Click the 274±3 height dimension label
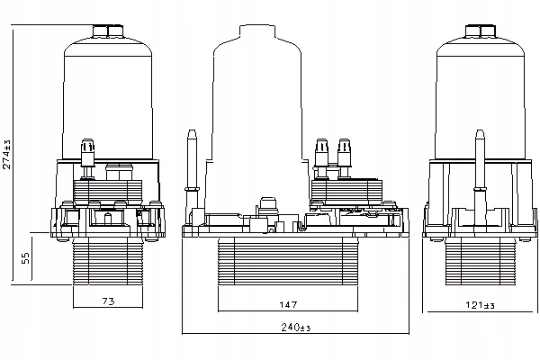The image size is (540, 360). pyautogui.click(x=7, y=154)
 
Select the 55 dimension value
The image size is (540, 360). pyautogui.click(x=26, y=258)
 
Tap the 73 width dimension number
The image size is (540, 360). pyautogui.click(x=108, y=301)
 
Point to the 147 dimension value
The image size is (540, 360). pyautogui.click(x=288, y=304)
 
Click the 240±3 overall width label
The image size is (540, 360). pyautogui.click(x=296, y=327)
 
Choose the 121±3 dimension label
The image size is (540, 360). pyautogui.click(x=480, y=305)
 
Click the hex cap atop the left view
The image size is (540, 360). pyautogui.click(x=108, y=31)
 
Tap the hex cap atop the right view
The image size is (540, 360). pyautogui.click(x=481, y=31)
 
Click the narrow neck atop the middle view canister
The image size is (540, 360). pyautogui.click(x=257, y=32)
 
